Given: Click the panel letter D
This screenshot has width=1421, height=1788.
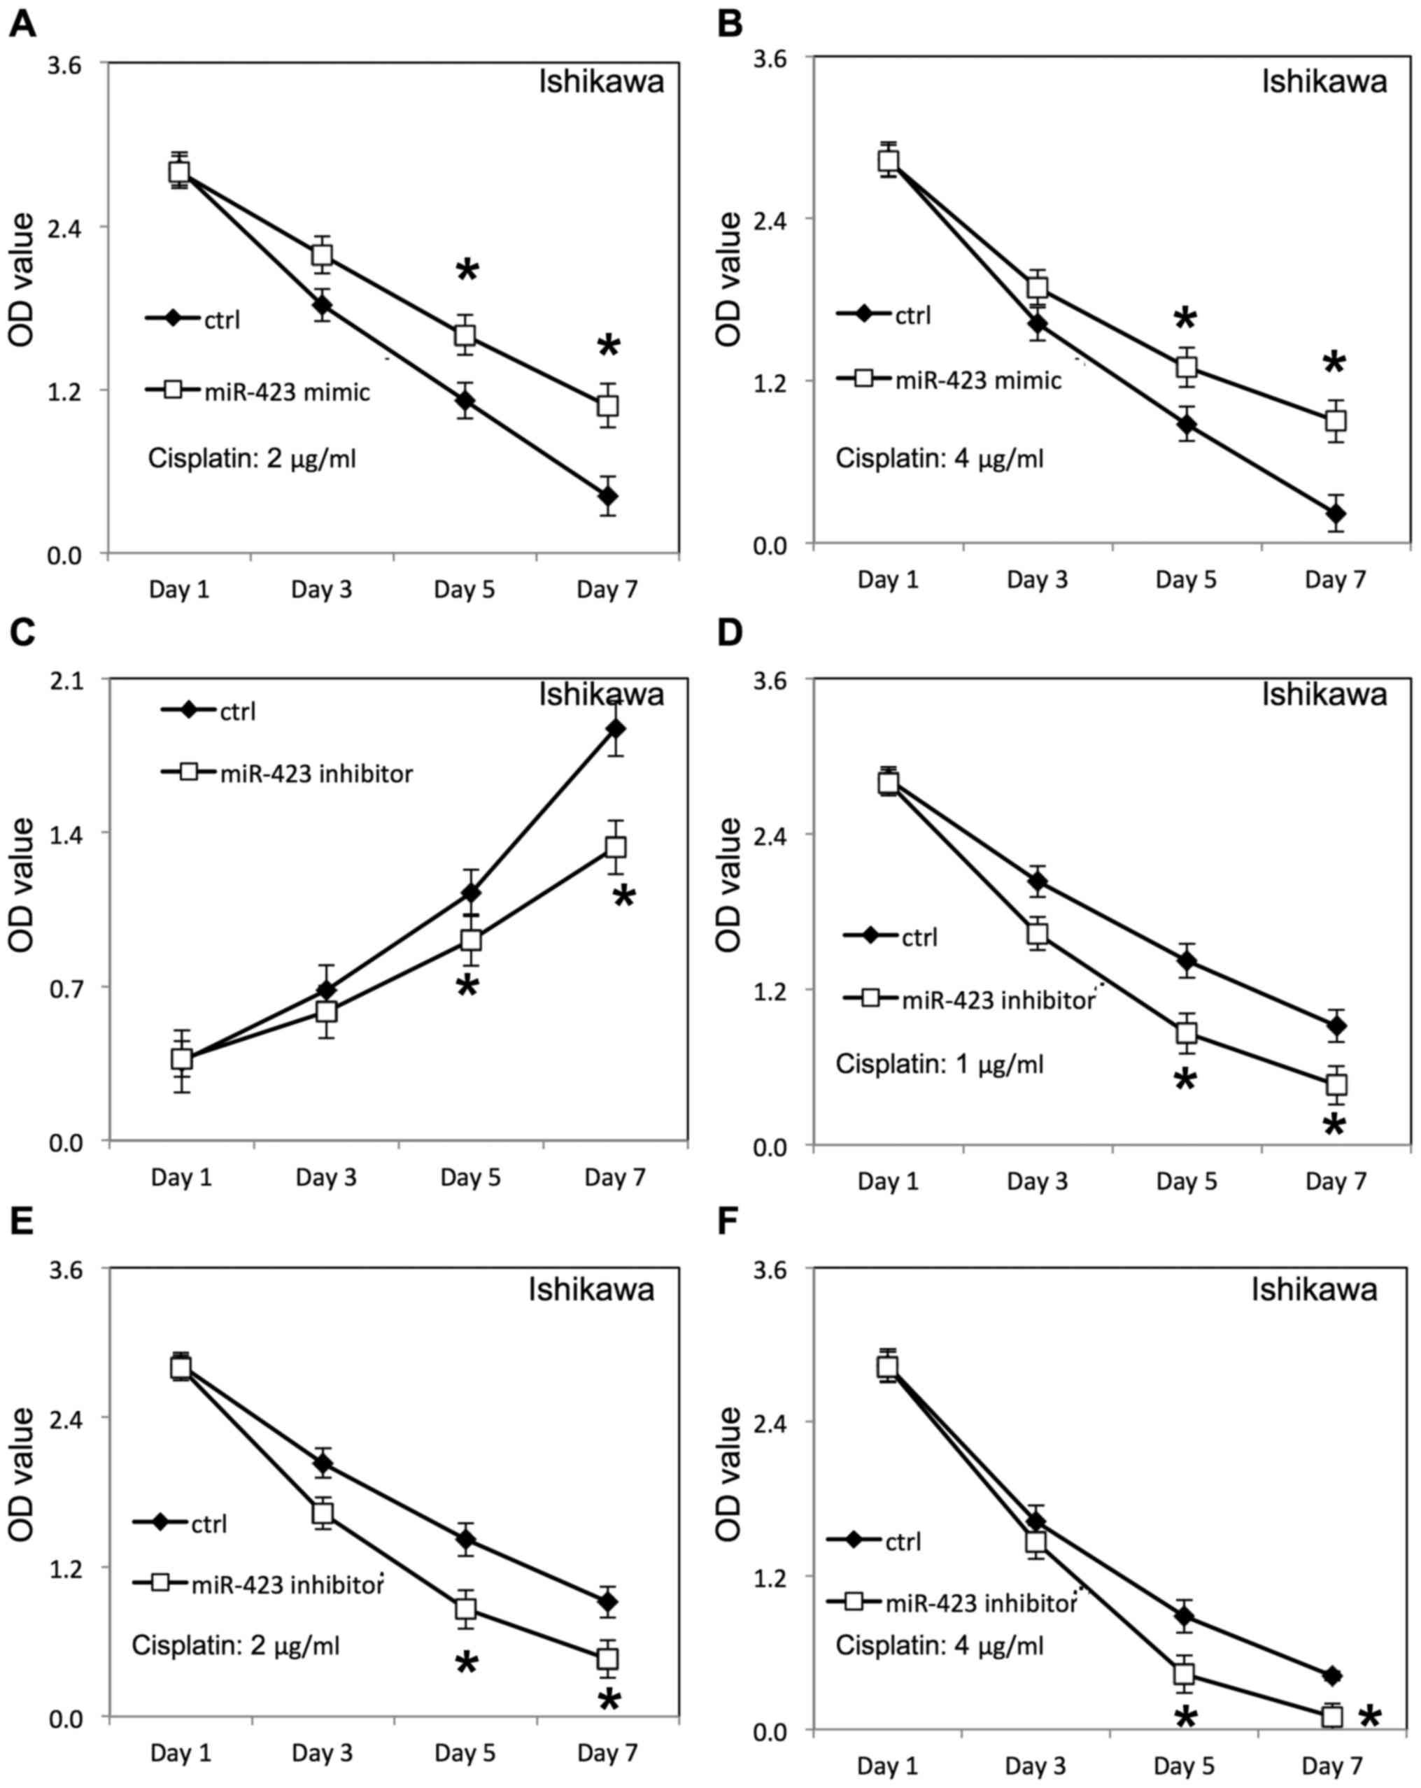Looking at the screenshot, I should pyautogui.click(x=729, y=633).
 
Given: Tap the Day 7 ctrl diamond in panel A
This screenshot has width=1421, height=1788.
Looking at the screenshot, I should pyautogui.click(x=608, y=496).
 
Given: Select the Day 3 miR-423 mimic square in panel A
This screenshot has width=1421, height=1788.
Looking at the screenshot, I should pyautogui.click(x=323, y=255).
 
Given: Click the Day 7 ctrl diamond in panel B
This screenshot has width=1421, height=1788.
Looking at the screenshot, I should pyautogui.click(x=1335, y=514).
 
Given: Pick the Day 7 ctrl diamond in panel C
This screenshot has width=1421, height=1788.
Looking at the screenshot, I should pyautogui.click(x=615, y=729).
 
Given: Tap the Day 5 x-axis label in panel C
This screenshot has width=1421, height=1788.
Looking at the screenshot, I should pyautogui.click(x=470, y=1177).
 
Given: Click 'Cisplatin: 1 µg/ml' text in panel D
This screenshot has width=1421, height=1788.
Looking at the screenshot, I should pyautogui.click(x=939, y=1064).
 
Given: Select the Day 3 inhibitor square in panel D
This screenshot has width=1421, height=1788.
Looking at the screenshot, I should pyautogui.click(x=1037, y=934).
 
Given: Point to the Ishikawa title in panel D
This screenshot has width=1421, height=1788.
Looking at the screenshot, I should pyautogui.click(x=1324, y=694).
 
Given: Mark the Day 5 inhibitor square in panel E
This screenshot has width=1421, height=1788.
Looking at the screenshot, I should pyautogui.click(x=465, y=1609).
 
